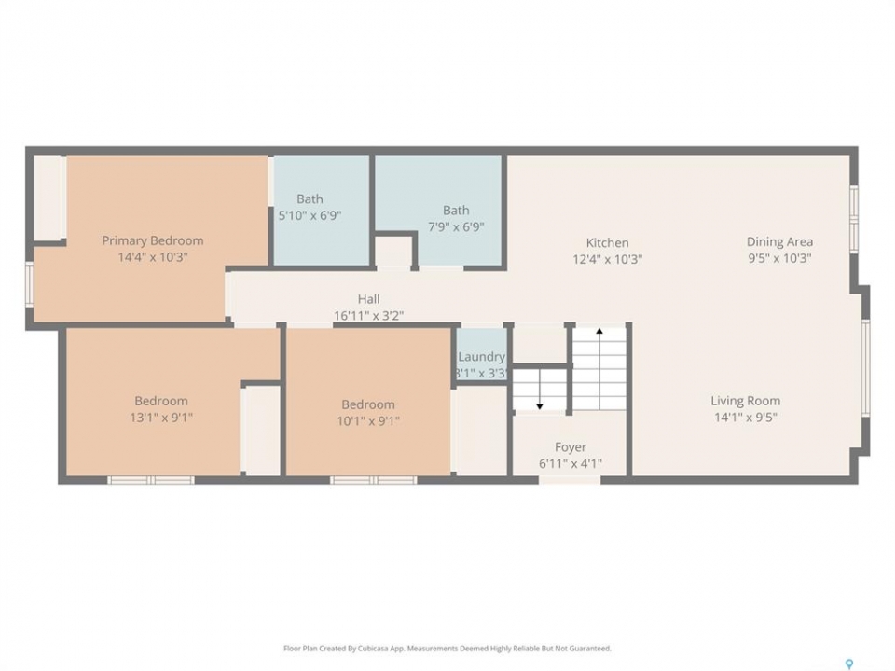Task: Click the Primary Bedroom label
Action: pyautogui.click(x=152, y=240)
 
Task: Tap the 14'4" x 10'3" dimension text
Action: pyautogui.click(x=152, y=257)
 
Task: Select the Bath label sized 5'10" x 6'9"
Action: pyautogui.click(x=310, y=199)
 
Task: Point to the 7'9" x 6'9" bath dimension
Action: pyautogui.click(x=456, y=227)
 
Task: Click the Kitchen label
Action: pyautogui.click(x=607, y=243)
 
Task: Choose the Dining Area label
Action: pyautogui.click(x=779, y=242)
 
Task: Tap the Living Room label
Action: pyautogui.click(x=746, y=401)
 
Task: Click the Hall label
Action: pyautogui.click(x=369, y=299)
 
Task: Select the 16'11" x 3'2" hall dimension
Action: pyautogui.click(x=369, y=316)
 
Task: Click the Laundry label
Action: pyautogui.click(x=482, y=357)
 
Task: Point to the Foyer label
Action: pyautogui.click(x=571, y=447)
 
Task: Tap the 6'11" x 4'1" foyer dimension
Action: pyautogui.click(x=571, y=464)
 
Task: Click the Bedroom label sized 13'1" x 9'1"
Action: pyautogui.click(x=161, y=401)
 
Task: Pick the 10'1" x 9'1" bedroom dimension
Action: pyautogui.click(x=368, y=421)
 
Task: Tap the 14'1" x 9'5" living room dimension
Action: pyautogui.click(x=746, y=418)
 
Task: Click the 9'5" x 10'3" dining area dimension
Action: pyautogui.click(x=779, y=258)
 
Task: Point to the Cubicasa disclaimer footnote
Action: pyautogui.click(x=447, y=649)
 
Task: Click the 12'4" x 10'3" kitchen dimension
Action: pyautogui.click(x=607, y=260)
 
